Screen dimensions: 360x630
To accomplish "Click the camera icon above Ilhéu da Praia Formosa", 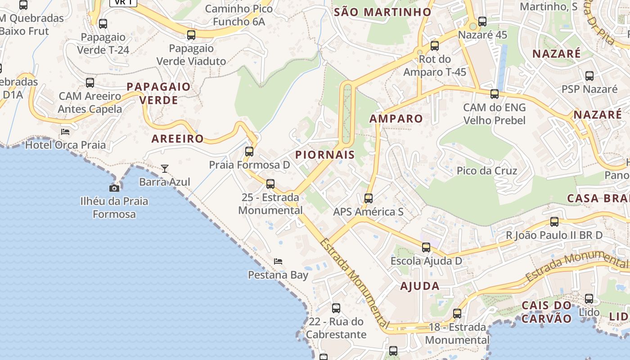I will pyautogui.click(x=114, y=188).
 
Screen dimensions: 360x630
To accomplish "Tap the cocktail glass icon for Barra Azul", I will pyautogui.click(x=165, y=169).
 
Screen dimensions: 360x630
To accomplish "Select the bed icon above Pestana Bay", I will pyautogui.click(x=278, y=261).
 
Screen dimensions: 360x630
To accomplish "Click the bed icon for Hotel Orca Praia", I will pyautogui.click(x=65, y=132).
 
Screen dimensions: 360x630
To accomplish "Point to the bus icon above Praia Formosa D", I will pyautogui.click(x=249, y=152).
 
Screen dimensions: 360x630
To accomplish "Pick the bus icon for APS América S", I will pyautogui.click(x=368, y=198).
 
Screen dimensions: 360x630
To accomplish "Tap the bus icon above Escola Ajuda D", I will pyautogui.click(x=426, y=247).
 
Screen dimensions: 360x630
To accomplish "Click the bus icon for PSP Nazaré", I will pyautogui.click(x=589, y=76).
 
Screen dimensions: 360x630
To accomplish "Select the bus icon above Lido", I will pyautogui.click(x=589, y=298).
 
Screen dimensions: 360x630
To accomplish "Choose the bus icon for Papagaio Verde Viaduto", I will pyautogui.click(x=191, y=35).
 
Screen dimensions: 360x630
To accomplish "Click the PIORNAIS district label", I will pyautogui.click(x=325, y=155).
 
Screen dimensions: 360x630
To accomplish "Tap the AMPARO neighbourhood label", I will pyautogui.click(x=396, y=119).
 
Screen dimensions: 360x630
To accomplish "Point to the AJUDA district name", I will pyautogui.click(x=419, y=286).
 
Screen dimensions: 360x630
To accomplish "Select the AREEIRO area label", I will pyautogui.click(x=178, y=139).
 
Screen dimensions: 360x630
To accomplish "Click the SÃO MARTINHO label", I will pyautogui.click(x=382, y=12).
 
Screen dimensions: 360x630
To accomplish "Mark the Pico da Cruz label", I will pyautogui.click(x=487, y=171).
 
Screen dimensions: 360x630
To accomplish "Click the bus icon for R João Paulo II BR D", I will pyautogui.click(x=554, y=222).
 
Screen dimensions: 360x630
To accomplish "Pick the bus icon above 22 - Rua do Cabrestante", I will pyautogui.click(x=336, y=308).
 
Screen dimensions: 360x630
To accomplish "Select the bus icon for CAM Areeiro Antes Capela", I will pyautogui.click(x=90, y=83).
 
